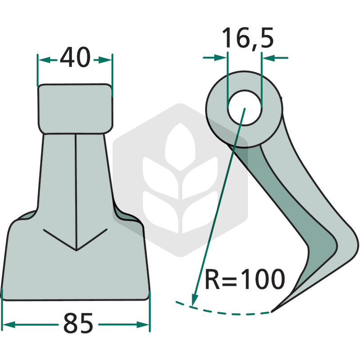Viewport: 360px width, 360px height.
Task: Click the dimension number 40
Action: (75, 58)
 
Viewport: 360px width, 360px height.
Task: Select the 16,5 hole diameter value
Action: (248, 38)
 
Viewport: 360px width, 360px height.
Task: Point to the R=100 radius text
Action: (245, 279)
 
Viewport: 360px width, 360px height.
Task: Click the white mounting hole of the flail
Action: (244, 108)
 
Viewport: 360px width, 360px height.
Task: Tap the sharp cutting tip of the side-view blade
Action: (272, 311)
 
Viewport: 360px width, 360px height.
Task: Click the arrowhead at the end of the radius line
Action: (195, 299)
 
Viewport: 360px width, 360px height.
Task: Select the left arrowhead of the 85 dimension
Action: (8, 324)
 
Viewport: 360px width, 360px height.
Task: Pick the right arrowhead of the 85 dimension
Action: (143, 324)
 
